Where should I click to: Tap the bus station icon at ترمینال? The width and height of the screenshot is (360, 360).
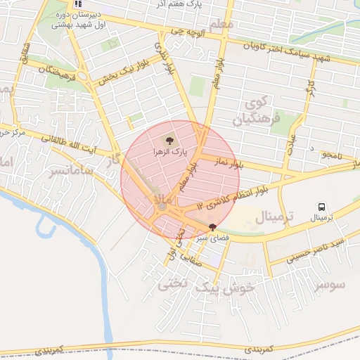(x=322, y=207)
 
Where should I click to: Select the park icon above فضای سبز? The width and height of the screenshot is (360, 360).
(x=213, y=226)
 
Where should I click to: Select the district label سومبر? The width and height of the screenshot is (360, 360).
(x=330, y=285)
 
